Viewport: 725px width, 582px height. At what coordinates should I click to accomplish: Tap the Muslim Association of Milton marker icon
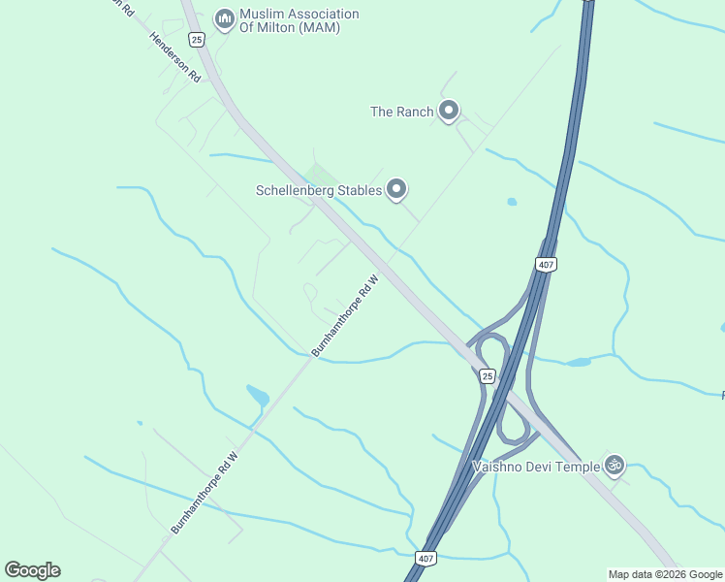coord(225,18)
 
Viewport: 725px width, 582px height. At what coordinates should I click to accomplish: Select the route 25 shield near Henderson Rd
coord(197,40)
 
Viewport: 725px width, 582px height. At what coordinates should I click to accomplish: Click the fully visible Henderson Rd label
coord(174,57)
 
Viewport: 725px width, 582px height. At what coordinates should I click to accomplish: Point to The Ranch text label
coord(401,112)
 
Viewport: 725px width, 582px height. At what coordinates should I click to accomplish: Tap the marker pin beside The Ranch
coord(448,111)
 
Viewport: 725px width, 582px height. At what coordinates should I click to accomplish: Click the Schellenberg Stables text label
coord(319,190)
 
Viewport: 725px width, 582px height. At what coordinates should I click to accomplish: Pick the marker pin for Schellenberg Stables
coord(395,189)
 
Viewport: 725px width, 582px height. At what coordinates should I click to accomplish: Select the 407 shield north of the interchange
coord(546,264)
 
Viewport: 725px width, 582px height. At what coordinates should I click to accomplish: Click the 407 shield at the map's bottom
coord(426,558)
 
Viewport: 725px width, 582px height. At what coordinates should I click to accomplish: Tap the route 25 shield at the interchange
coord(487,375)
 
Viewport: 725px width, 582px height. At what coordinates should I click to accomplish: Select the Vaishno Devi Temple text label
coord(536,467)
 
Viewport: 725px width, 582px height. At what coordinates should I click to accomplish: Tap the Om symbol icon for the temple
coord(613,466)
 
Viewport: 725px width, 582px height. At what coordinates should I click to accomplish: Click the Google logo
coord(32,570)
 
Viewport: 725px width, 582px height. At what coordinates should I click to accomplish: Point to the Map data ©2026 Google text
coord(665,574)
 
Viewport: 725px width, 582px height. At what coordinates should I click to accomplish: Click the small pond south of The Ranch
coord(512,202)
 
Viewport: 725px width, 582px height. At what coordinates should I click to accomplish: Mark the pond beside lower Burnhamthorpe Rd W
coord(258,396)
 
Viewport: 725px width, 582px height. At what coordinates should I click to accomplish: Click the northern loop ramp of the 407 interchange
coord(491,349)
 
